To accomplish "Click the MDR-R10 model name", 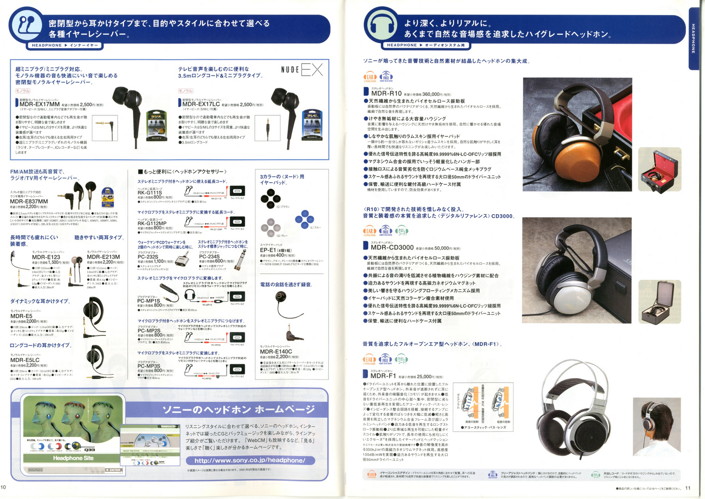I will pyautogui.click(x=386, y=93).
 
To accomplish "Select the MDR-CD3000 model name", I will pyautogui.click(x=392, y=247).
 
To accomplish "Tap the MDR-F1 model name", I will pyautogui.click(x=383, y=376).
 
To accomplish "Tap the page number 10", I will pyautogui.click(x=4, y=487).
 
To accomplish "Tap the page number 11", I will pyautogui.click(x=687, y=488).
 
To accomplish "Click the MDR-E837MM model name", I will pyautogui.click(x=29, y=201).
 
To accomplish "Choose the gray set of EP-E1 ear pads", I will pyautogui.click(x=270, y=226).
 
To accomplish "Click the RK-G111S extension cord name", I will pyautogui.click(x=149, y=193).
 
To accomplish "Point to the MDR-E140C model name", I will pyautogui.click(x=276, y=352).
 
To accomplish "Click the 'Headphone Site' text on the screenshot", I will pyautogui.click(x=73, y=458).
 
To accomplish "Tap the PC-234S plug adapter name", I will pyautogui.click(x=210, y=256).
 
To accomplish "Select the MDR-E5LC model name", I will pyautogui.click(x=25, y=360).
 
